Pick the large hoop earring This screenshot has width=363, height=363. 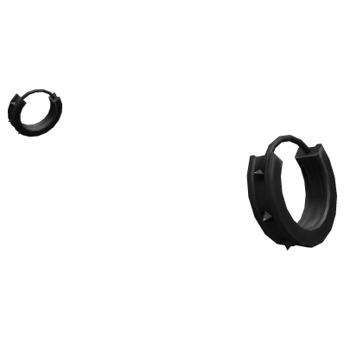289,199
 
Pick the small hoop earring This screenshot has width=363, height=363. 35,108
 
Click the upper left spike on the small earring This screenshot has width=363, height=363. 15,101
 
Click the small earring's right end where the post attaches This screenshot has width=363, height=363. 59,104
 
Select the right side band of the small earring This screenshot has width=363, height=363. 55,114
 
